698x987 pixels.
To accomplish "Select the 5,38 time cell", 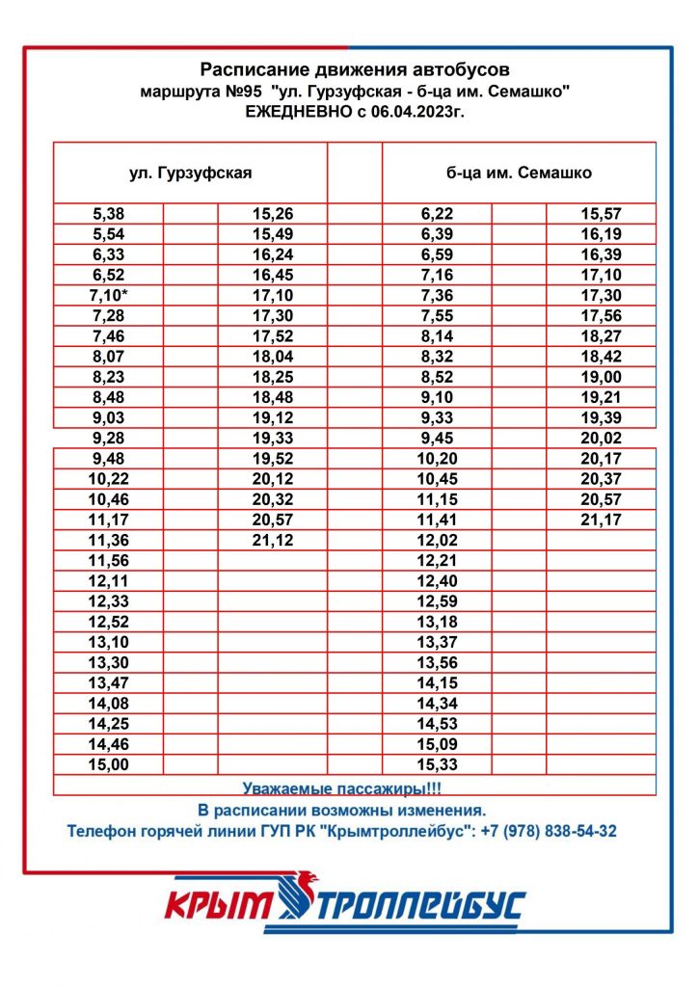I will click(108, 213).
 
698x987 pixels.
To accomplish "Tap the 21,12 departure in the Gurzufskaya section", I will click(272, 540).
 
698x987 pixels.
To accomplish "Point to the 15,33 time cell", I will click(437, 764).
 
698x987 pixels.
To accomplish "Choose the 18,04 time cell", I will click(272, 357).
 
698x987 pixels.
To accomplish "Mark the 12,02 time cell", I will click(437, 540).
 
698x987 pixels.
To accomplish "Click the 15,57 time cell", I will click(601, 213).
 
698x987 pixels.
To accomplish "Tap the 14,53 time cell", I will click(437, 723).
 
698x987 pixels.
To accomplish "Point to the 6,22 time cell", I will click(437, 213).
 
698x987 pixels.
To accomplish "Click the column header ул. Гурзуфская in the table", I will click(190, 173).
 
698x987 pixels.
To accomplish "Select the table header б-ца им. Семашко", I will click(519, 173).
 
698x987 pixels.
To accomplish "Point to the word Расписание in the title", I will click(254, 69).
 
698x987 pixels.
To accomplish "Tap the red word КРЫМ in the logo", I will click(219, 907).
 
